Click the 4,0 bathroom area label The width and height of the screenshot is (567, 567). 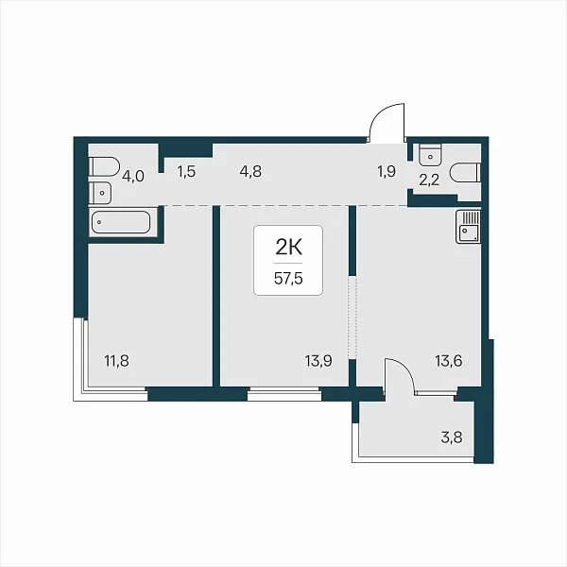[x=133, y=177]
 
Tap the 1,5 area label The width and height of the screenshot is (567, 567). [x=186, y=171]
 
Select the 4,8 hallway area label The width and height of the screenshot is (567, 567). [x=250, y=171]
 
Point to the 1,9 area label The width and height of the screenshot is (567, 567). [x=387, y=171]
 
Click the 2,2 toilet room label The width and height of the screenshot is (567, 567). [x=429, y=180]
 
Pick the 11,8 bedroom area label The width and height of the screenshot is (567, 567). [x=116, y=361]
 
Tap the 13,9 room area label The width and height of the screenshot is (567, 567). [x=318, y=361]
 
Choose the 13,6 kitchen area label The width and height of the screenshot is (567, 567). [x=448, y=361]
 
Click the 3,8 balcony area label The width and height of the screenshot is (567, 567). [x=452, y=438]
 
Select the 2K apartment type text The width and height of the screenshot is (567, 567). [x=288, y=248]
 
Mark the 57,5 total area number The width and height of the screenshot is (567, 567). [x=288, y=279]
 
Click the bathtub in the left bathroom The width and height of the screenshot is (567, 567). [x=121, y=222]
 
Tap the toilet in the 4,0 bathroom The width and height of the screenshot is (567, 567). [x=104, y=166]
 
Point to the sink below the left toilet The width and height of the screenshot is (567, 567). [x=100, y=193]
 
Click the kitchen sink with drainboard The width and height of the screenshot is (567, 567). [x=468, y=227]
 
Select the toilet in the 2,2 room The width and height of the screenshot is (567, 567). [x=466, y=172]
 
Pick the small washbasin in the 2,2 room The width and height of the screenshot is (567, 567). [x=430, y=155]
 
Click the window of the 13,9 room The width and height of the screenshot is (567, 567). [x=284, y=393]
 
